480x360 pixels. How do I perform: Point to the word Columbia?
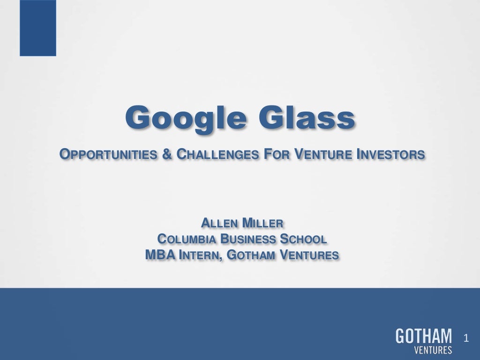pos(186,239)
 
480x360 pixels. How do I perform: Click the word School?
pos(303,239)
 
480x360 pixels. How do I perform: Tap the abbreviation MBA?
pos(158,255)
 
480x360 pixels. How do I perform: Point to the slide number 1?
pos(466,338)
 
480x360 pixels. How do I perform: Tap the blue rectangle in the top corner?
pos(38,28)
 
